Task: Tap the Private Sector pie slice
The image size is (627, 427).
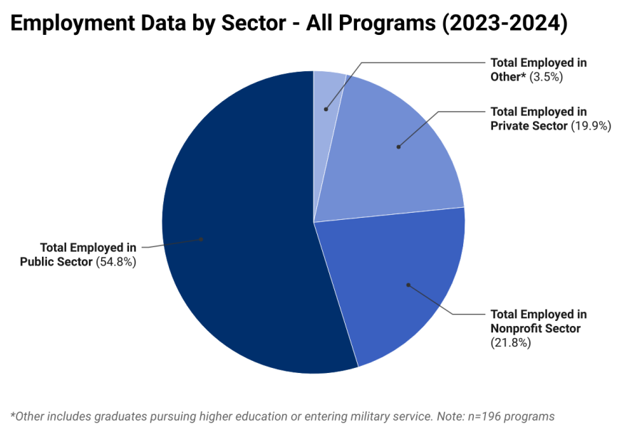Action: point(399,157)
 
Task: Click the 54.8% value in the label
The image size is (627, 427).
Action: point(115,262)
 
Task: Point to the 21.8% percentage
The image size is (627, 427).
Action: point(511,343)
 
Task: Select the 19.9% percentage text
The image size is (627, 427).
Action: point(591,126)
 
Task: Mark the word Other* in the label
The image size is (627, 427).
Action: point(507,77)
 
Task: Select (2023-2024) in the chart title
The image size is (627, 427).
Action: point(504,23)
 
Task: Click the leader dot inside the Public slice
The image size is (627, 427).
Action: point(202,239)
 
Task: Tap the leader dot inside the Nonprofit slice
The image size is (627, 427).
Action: point(408,285)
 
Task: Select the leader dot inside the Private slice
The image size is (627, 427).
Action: point(398,147)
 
